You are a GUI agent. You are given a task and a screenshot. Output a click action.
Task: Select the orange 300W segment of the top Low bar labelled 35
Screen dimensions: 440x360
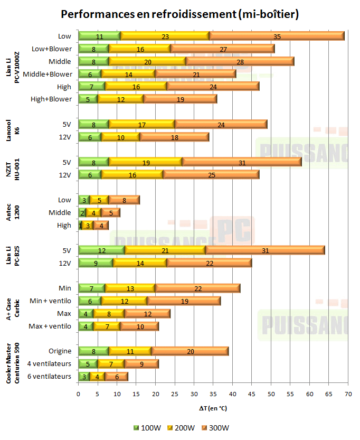pyautogui.click(x=277, y=36)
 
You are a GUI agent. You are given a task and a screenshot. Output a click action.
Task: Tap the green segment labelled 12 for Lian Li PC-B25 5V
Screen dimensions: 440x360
pyautogui.click(x=101, y=250)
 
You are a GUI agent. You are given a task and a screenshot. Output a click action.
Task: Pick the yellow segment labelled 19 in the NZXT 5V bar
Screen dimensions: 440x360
pyautogui.click(x=146, y=162)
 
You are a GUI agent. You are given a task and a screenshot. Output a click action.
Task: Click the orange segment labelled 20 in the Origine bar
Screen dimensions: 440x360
pyautogui.click(x=190, y=351)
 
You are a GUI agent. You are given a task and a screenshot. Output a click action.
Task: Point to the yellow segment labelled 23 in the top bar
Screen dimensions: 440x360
pyautogui.click(x=165, y=36)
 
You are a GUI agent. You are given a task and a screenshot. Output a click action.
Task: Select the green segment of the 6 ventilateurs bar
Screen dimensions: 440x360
pyautogui.click(x=84, y=376)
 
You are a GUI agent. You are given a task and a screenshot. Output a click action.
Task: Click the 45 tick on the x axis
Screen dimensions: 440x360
pyautogui.click(x=252, y=394)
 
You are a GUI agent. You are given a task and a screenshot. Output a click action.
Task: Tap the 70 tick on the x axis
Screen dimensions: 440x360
pyautogui.click(x=348, y=394)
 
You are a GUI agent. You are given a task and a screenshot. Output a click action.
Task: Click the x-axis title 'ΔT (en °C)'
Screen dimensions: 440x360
pyautogui.click(x=213, y=408)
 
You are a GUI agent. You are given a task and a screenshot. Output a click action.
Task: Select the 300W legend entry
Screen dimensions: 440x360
pyautogui.click(x=217, y=428)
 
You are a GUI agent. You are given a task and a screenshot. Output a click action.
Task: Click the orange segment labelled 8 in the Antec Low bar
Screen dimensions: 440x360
pyautogui.click(x=125, y=200)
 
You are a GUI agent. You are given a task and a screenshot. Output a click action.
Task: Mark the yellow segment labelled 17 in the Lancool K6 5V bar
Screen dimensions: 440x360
pyautogui.click(x=142, y=125)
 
